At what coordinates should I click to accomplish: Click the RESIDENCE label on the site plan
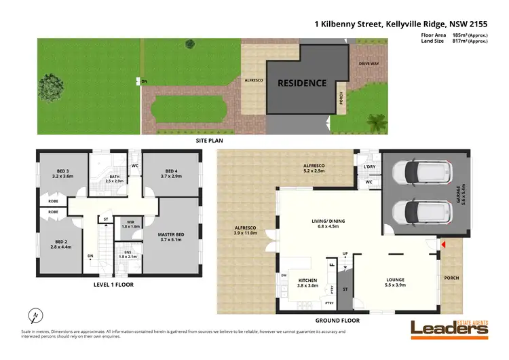[x=302, y=84]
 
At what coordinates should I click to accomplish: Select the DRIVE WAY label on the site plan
[x=369, y=65]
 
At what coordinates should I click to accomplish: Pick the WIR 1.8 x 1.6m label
[x=131, y=223]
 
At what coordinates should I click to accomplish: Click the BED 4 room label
[x=170, y=173]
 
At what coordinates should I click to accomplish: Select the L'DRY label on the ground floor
[x=369, y=167]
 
